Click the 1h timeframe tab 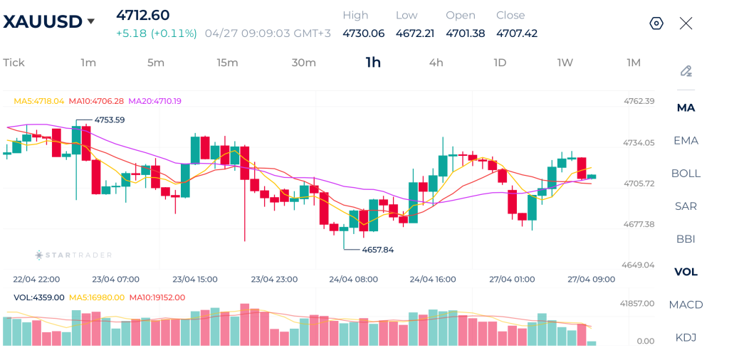(x=373, y=63)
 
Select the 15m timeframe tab (x=227, y=63)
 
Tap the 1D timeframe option (x=500, y=63)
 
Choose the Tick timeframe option (x=14, y=63)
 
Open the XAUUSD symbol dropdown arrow (x=91, y=21)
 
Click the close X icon (x=686, y=23)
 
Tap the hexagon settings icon (x=656, y=23)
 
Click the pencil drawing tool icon (x=686, y=71)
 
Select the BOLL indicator (x=686, y=174)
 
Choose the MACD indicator (x=686, y=305)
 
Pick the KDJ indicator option (x=686, y=337)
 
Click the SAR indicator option (x=686, y=206)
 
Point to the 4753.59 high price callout (x=109, y=120)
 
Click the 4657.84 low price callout (x=377, y=250)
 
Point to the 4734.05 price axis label (x=639, y=142)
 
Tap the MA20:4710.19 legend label (x=154, y=101)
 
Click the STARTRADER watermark (x=74, y=255)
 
